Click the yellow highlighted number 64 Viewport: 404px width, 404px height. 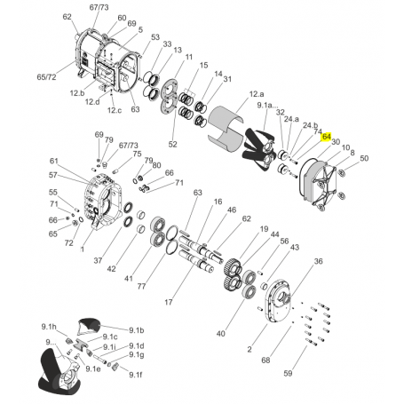click(x=327, y=137)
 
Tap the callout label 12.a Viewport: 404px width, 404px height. click(x=257, y=94)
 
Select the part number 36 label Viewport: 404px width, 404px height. click(x=318, y=261)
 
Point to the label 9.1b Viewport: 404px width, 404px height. click(x=137, y=330)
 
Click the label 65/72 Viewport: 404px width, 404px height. click(x=46, y=77)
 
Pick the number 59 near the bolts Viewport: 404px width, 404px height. click(x=288, y=374)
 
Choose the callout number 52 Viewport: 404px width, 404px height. click(x=172, y=144)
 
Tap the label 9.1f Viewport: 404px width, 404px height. click(x=136, y=375)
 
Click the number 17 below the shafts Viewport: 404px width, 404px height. click(x=168, y=302)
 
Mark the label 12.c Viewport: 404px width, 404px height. click(x=115, y=110)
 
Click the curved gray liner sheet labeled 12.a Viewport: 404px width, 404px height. click(x=226, y=127)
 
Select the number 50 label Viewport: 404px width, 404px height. click(x=364, y=158)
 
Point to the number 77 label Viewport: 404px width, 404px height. click(x=141, y=287)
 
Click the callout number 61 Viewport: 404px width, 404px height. click(x=53, y=161)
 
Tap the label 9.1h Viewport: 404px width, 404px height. click(x=49, y=327)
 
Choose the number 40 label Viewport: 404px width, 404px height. click(x=220, y=334)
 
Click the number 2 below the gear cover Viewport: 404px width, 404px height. click(x=250, y=350)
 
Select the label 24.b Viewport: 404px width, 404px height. click(x=310, y=125)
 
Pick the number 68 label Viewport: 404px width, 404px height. click(x=265, y=360)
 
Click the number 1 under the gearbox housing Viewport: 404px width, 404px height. click(x=82, y=250)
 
